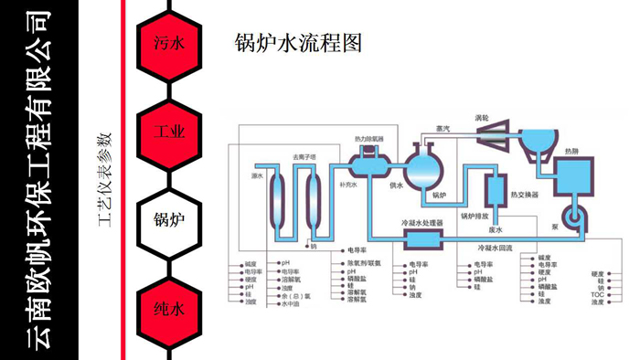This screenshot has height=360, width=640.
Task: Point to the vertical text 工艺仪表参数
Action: [x=102, y=179]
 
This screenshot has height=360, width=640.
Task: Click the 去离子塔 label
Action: [x=304, y=156]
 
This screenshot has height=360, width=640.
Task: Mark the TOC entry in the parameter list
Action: [x=598, y=295]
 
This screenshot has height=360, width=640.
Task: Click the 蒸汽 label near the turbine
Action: [x=444, y=129]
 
